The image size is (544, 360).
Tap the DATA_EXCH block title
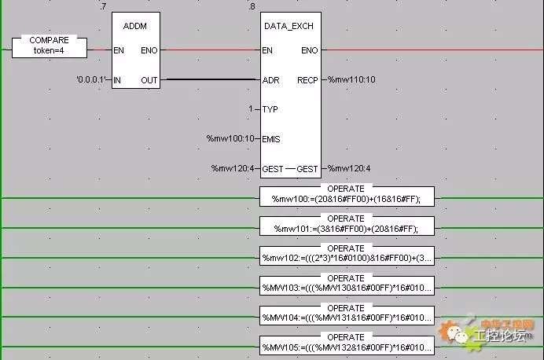289,27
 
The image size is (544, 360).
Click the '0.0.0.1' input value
90,79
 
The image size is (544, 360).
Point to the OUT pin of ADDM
149,79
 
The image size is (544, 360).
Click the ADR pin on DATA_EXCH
270,79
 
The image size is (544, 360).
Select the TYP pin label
270,109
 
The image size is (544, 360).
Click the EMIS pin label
273,139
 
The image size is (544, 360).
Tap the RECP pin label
307,79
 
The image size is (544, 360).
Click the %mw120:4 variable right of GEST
351,168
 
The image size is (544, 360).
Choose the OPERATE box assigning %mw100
346,195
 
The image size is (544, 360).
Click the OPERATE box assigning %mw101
346,225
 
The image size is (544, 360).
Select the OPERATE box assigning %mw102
346,255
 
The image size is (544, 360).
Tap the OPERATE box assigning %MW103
346,285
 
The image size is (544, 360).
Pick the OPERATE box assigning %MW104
346,314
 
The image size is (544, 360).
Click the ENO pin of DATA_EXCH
309,50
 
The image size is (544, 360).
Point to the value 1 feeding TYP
251,109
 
